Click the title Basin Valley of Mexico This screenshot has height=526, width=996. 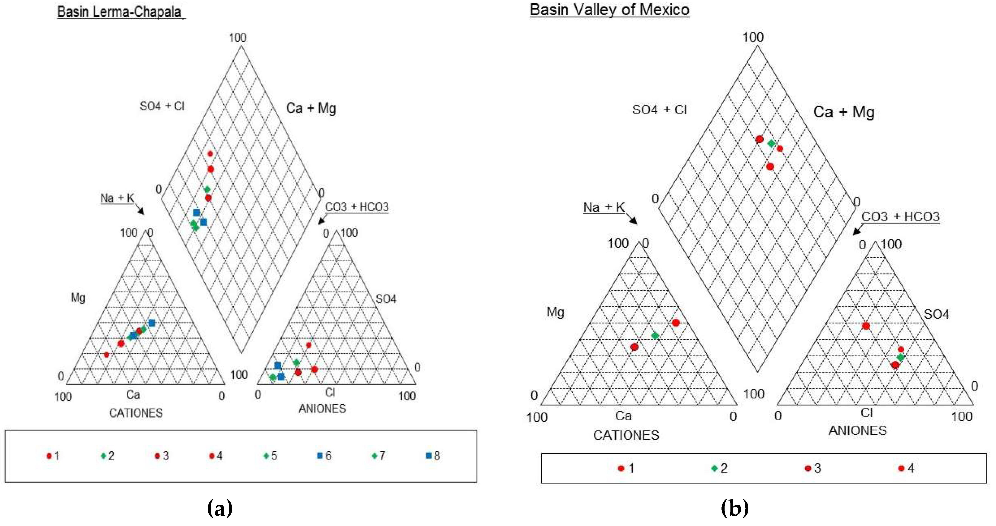(x=609, y=10)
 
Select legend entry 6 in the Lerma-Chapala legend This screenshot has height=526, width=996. (x=324, y=456)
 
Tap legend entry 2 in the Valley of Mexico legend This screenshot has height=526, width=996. (x=720, y=468)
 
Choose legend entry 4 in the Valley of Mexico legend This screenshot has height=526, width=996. (x=906, y=468)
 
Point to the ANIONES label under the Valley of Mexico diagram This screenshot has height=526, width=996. (x=857, y=430)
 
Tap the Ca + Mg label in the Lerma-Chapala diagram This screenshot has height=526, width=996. (x=311, y=108)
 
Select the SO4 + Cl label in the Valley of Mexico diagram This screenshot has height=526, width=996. (x=659, y=110)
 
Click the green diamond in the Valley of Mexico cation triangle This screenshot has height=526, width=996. (x=655, y=335)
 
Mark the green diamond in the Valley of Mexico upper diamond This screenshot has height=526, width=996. (x=771, y=143)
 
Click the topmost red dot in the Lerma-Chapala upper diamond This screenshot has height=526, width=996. (x=210, y=154)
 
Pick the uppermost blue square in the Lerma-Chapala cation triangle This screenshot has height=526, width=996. (x=152, y=323)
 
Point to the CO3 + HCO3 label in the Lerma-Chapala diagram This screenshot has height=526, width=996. (x=356, y=207)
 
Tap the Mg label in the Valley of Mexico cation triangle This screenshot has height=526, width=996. (x=555, y=312)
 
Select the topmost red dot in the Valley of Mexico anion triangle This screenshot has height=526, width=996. (x=866, y=326)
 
